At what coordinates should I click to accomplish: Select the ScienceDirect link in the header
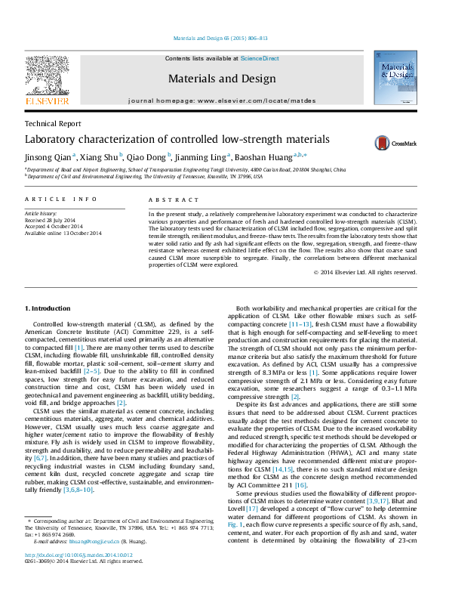[260, 58]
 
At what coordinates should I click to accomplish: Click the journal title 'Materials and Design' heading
[221, 79]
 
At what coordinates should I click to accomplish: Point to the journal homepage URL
[222, 100]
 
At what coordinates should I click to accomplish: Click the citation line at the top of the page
[221, 37]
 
